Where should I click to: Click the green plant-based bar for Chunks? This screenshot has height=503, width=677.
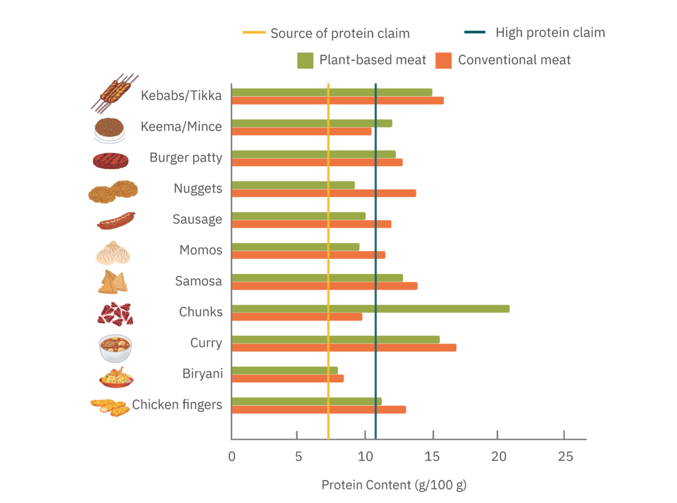(x=370, y=309)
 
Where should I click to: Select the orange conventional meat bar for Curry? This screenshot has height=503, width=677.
(x=344, y=347)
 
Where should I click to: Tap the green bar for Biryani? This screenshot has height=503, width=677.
(x=284, y=370)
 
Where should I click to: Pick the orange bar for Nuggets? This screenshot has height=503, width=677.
(x=324, y=193)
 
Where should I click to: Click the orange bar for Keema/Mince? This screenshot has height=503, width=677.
(x=301, y=131)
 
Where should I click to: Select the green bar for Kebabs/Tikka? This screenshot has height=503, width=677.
(x=332, y=92)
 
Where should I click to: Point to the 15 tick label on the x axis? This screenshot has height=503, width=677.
(x=432, y=456)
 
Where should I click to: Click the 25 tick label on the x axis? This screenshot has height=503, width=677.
(x=565, y=456)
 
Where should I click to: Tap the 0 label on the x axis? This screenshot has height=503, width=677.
(x=232, y=456)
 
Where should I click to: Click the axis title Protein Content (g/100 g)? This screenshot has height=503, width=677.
(x=394, y=485)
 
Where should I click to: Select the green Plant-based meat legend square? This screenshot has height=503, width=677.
(x=305, y=61)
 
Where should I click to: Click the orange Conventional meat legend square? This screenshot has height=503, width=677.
(x=443, y=61)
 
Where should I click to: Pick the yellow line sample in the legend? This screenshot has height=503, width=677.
(x=254, y=33)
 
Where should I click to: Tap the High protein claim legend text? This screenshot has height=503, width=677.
(x=550, y=33)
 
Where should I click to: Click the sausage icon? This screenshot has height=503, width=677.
(x=116, y=221)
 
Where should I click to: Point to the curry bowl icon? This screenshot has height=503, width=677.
(x=115, y=348)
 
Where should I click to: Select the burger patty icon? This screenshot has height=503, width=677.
(x=111, y=161)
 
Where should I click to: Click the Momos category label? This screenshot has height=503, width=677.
(x=201, y=250)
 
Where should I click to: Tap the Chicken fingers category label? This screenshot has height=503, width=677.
(x=177, y=405)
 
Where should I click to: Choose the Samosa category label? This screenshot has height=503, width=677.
(x=198, y=281)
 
